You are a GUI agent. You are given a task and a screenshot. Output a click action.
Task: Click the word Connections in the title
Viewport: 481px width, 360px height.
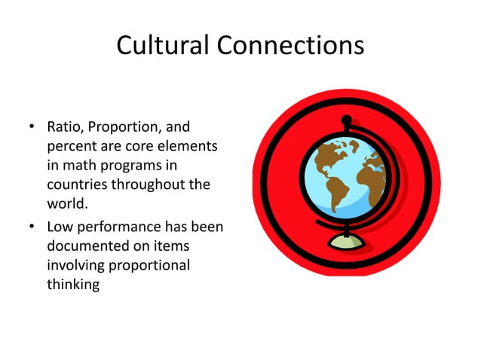(290, 47)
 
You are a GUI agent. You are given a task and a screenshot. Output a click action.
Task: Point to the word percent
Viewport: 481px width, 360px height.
(72, 145)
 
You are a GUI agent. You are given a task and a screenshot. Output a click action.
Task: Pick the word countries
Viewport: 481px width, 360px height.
(78, 185)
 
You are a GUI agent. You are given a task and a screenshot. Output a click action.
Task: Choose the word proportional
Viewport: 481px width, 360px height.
(144, 265)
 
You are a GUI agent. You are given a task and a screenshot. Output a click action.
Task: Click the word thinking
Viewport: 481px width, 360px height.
(73, 285)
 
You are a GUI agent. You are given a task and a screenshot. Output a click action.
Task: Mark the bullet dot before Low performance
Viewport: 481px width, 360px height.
(34, 227)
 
